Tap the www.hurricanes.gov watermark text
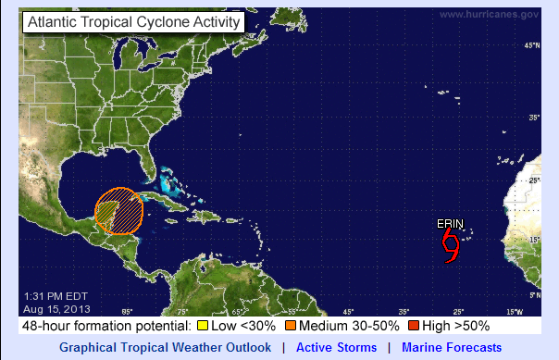[x=489, y=14]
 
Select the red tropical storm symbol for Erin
[x=451, y=245]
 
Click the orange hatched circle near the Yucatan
[x=118, y=211]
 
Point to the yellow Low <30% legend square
[x=202, y=326]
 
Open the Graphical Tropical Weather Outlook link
[x=166, y=348]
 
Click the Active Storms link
[x=336, y=348]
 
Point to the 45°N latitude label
[x=531, y=45]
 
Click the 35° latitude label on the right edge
[x=533, y=118]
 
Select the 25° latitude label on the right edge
[x=533, y=180]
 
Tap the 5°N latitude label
[x=533, y=294]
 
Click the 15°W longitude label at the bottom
[x=515, y=311]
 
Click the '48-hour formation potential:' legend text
[x=106, y=326]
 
